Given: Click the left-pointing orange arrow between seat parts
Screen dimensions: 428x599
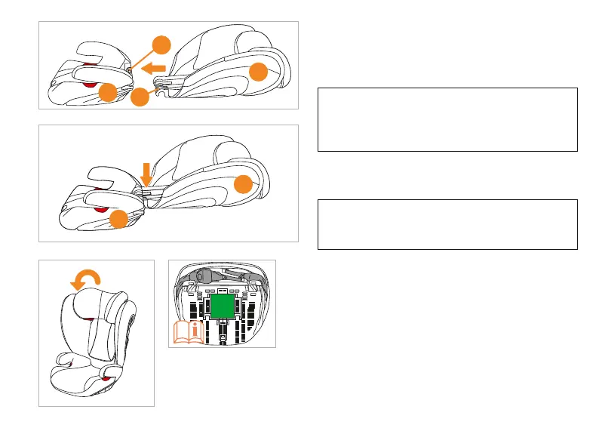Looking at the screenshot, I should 155,69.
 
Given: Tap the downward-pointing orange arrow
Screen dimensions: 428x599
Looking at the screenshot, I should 146,174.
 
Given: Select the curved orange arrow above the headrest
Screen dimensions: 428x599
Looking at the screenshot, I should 84,279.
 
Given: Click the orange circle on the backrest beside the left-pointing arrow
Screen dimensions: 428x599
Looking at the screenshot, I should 259,72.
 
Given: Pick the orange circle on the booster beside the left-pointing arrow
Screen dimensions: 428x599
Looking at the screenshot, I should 108,94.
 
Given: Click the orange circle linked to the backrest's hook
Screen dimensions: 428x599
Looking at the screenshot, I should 139,98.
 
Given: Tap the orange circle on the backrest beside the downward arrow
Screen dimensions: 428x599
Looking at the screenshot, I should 244,183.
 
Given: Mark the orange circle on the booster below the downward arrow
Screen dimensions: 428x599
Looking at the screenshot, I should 118,220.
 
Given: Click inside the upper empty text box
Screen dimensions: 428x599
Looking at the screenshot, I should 447,120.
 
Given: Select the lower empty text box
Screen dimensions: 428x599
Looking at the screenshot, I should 447,224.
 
